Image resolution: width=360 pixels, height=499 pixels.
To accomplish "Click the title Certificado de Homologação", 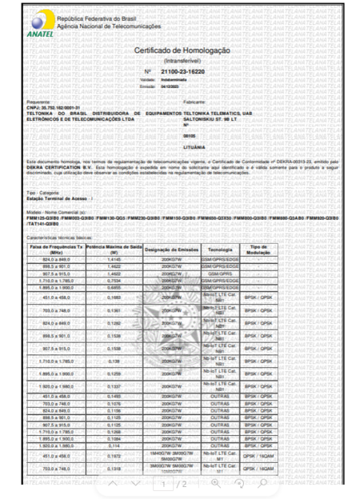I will [182, 50].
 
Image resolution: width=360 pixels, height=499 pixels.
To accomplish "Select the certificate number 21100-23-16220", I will [187, 72].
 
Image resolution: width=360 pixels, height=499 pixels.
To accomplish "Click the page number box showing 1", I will [163, 485].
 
